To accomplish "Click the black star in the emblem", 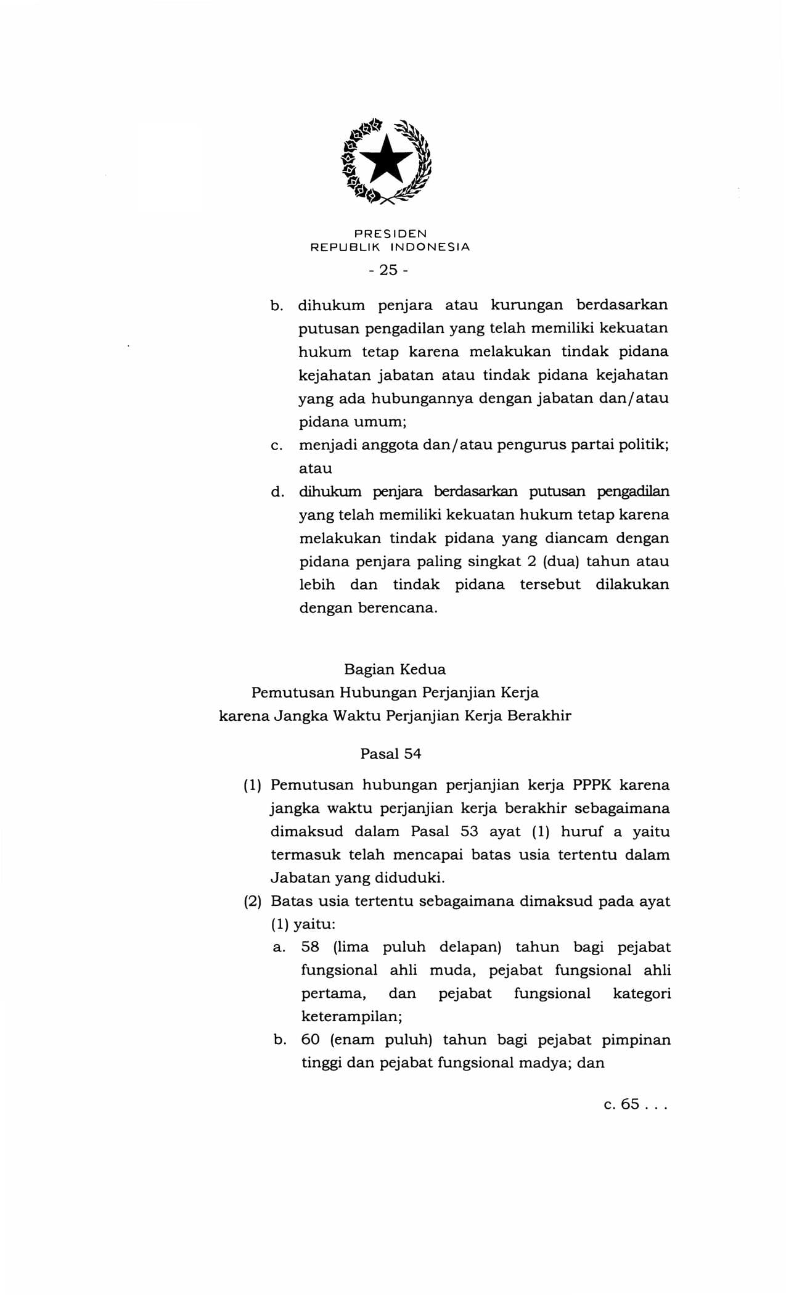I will [x=387, y=159].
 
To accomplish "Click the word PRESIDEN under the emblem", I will [x=390, y=234].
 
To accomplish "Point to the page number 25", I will [x=389, y=270].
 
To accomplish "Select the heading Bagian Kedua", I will [x=395, y=669].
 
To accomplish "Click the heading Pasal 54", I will [x=391, y=754].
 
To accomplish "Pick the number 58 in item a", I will [x=310, y=947].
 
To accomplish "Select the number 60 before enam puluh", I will [x=310, y=1040].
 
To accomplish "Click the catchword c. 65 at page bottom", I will [x=635, y=1104].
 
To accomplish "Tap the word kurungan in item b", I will [x=526, y=305].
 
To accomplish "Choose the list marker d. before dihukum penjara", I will [x=277, y=492].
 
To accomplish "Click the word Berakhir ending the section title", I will [x=539, y=716].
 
